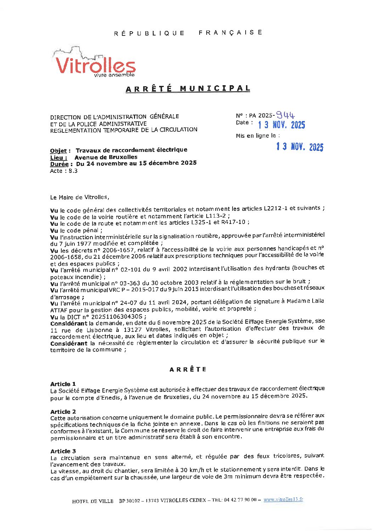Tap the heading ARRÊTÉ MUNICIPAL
coord(188,88)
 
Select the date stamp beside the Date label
coord(281,125)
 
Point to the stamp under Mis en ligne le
coord(300,147)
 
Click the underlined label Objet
coord(58,150)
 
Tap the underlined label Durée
coord(59,164)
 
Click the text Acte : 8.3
coord(64,171)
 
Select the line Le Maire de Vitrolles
coord(80,197)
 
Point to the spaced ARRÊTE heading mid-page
coord(188,369)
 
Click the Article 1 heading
coord(63,384)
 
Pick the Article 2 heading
coord(63,412)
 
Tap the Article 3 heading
coord(63,451)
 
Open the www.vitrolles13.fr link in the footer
coord(283,500)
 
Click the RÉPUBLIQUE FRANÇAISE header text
coord(188,33)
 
